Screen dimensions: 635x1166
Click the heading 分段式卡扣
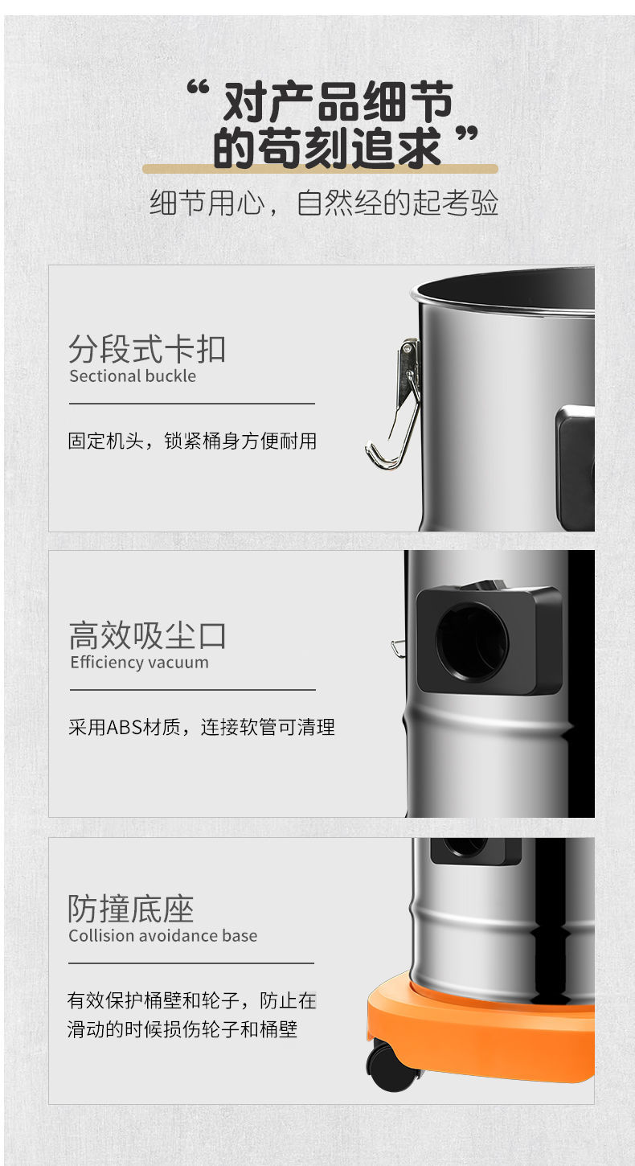point(147,349)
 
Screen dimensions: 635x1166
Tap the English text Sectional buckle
point(133,376)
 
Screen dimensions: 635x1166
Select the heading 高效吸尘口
point(148,635)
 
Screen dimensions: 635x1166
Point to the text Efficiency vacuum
point(140,662)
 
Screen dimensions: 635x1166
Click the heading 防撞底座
point(131,909)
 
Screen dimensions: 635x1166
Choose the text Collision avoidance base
point(163,935)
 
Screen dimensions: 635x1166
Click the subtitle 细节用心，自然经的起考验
point(324,203)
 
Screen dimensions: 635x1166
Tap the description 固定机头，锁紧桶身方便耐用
point(192,441)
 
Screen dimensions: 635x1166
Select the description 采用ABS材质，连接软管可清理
point(202,727)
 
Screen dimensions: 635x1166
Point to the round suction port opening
point(472,643)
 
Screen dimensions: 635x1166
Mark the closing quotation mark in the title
point(466,133)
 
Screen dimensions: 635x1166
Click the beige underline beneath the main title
point(320,169)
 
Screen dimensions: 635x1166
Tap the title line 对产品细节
point(338,101)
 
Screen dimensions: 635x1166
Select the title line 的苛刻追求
point(327,148)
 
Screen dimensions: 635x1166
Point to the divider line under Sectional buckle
point(192,404)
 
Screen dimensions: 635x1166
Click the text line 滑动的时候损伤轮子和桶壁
point(182,1029)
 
